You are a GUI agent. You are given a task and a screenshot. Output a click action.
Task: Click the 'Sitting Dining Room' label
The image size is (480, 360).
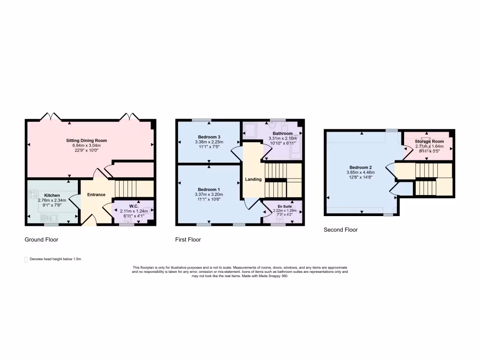pos(90,140)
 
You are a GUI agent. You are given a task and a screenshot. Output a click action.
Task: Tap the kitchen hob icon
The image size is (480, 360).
pos(33,194)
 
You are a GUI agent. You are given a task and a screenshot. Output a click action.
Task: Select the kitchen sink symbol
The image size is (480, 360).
pos(48,217)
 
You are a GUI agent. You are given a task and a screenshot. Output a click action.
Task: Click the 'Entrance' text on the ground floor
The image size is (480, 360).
pos(96,195)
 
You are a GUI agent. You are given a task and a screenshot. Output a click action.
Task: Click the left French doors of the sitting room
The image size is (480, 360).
pos(51,116)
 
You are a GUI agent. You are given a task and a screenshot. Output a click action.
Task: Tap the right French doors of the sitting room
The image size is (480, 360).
pos(130,116)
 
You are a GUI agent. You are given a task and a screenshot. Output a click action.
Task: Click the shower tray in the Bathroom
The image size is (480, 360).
pos(250,131)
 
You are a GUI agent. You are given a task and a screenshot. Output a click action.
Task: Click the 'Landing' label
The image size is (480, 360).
pos(253,180)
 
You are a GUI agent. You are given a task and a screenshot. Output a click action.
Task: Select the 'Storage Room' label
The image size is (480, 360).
pos(429,141)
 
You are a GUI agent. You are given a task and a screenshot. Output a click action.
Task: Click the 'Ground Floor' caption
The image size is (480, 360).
pos(41,240)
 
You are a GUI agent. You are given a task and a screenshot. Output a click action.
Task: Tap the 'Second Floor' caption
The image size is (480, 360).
pos(341,230)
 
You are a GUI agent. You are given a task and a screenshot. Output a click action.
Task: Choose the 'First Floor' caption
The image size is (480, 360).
pos(188,240)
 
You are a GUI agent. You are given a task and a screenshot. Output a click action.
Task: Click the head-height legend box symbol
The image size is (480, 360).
pos(25,259)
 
